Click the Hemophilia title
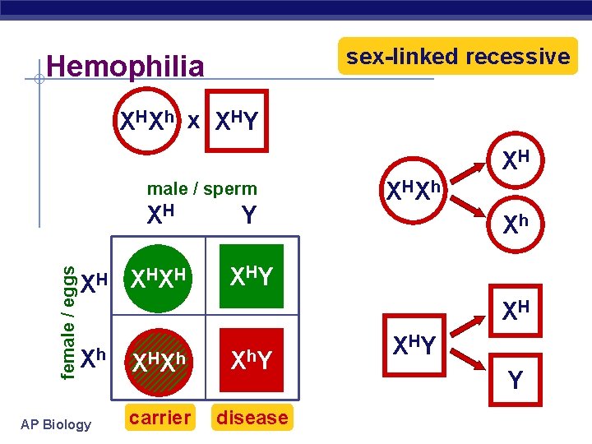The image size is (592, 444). point(126,66)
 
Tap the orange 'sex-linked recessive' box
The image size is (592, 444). point(458,57)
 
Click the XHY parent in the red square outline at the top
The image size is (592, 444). point(237,121)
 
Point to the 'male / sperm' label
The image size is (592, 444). point(201,189)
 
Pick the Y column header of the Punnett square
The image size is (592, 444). point(250,216)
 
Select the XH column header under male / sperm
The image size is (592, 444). point(160,216)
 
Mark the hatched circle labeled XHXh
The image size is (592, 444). point(160,359)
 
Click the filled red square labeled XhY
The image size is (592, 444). point(252,359)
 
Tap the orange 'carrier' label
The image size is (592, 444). point(160,418)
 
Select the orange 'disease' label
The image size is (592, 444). point(252,418)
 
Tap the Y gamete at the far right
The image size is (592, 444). point(515,381)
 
